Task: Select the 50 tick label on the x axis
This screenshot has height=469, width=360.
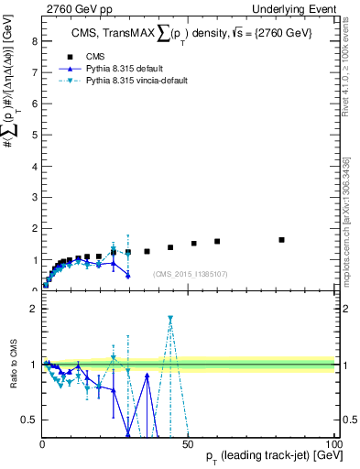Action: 188,443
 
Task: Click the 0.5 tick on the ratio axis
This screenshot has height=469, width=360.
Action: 30,420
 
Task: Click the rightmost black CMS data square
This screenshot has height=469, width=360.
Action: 281,240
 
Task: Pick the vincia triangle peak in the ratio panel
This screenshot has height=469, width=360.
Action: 170,319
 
